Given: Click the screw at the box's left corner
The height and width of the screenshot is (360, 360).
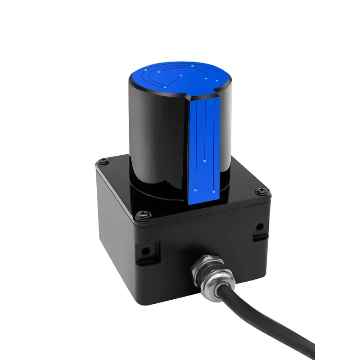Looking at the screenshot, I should [x=104, y=160].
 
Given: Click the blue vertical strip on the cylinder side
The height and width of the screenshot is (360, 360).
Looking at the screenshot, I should [x=204, y=148].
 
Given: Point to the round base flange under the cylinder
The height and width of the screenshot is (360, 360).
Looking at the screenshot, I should [x=153, y=191].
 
